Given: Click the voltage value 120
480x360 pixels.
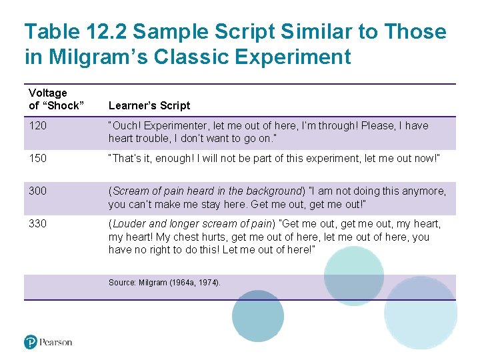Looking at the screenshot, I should [37, 126].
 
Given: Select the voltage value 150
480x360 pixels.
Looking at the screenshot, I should [37, 159].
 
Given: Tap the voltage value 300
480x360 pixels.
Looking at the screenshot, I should [37, 191].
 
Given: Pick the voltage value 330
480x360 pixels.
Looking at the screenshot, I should [37, 224].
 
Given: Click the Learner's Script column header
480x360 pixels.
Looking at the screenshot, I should [149, 105].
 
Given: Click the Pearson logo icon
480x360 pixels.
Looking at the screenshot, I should [31, 342].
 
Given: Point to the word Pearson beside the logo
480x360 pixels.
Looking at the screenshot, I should [55, 342].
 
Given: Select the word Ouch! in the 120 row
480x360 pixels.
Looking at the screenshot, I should [125, 126].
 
